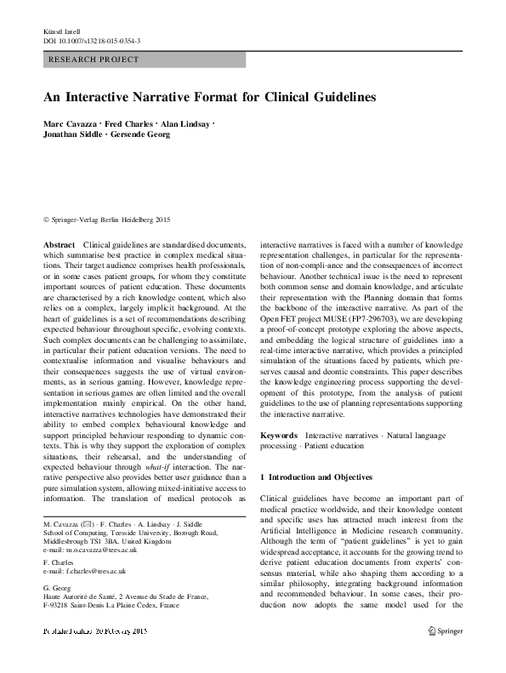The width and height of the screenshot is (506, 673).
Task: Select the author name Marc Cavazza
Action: pyautogui.click(x=70, y=126)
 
